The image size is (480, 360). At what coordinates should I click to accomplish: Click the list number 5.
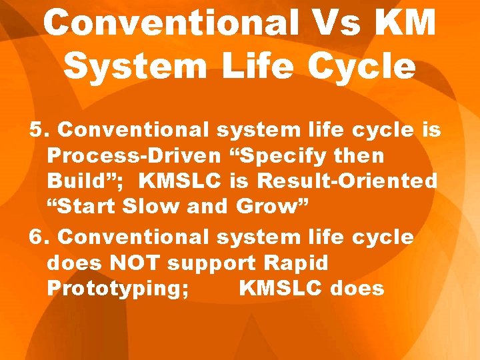point(38,130)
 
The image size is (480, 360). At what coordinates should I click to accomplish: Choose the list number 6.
point(39,237)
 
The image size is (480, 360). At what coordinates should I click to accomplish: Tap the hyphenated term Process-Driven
point(134,156)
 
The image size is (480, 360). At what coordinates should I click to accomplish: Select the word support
point(212,264)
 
